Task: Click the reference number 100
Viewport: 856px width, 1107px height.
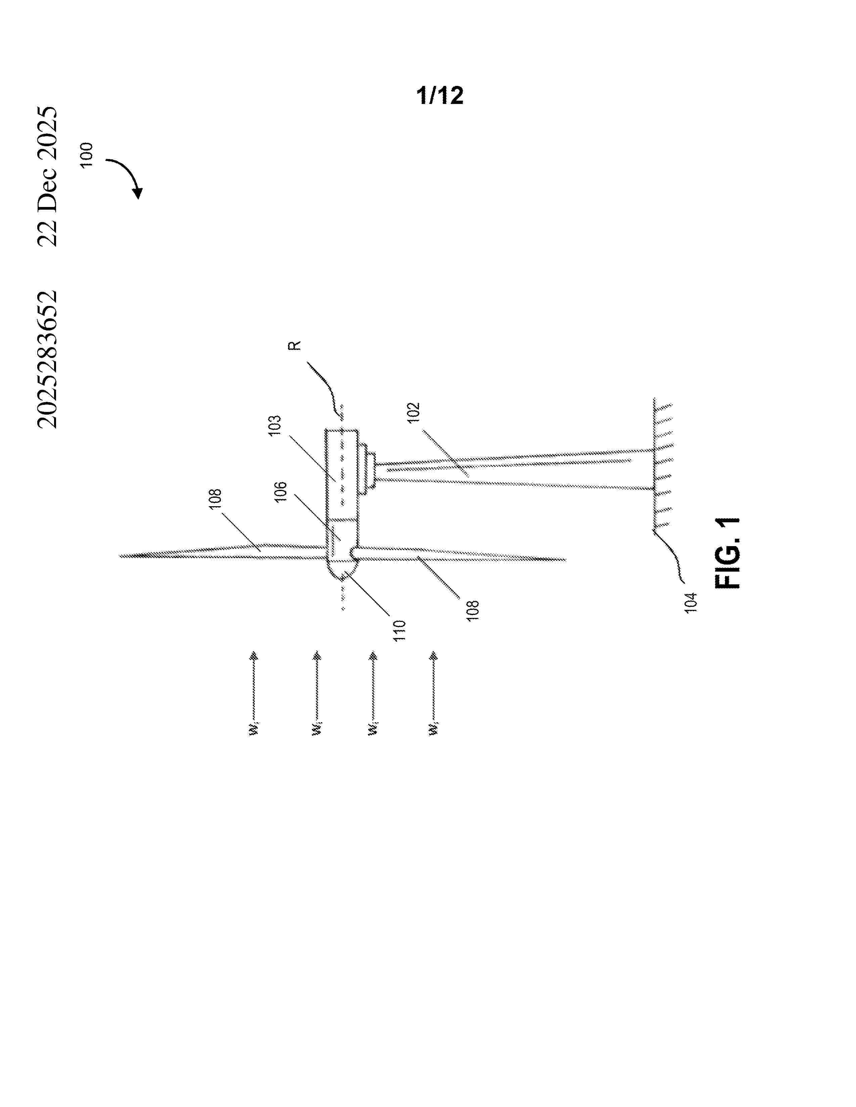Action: (87, 155)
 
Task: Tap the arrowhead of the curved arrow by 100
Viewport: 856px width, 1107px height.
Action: (137, 193)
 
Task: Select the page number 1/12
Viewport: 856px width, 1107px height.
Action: (440, 95)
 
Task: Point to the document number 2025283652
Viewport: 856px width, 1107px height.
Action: (47, 359)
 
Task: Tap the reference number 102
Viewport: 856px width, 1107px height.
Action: (414, 413)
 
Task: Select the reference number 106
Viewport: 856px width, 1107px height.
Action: (280, 491)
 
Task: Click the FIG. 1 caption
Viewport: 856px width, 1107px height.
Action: (727, 553)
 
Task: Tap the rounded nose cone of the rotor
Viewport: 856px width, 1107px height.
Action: (342, 569)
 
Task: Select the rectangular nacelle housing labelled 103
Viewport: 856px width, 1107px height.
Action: (342, 474)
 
